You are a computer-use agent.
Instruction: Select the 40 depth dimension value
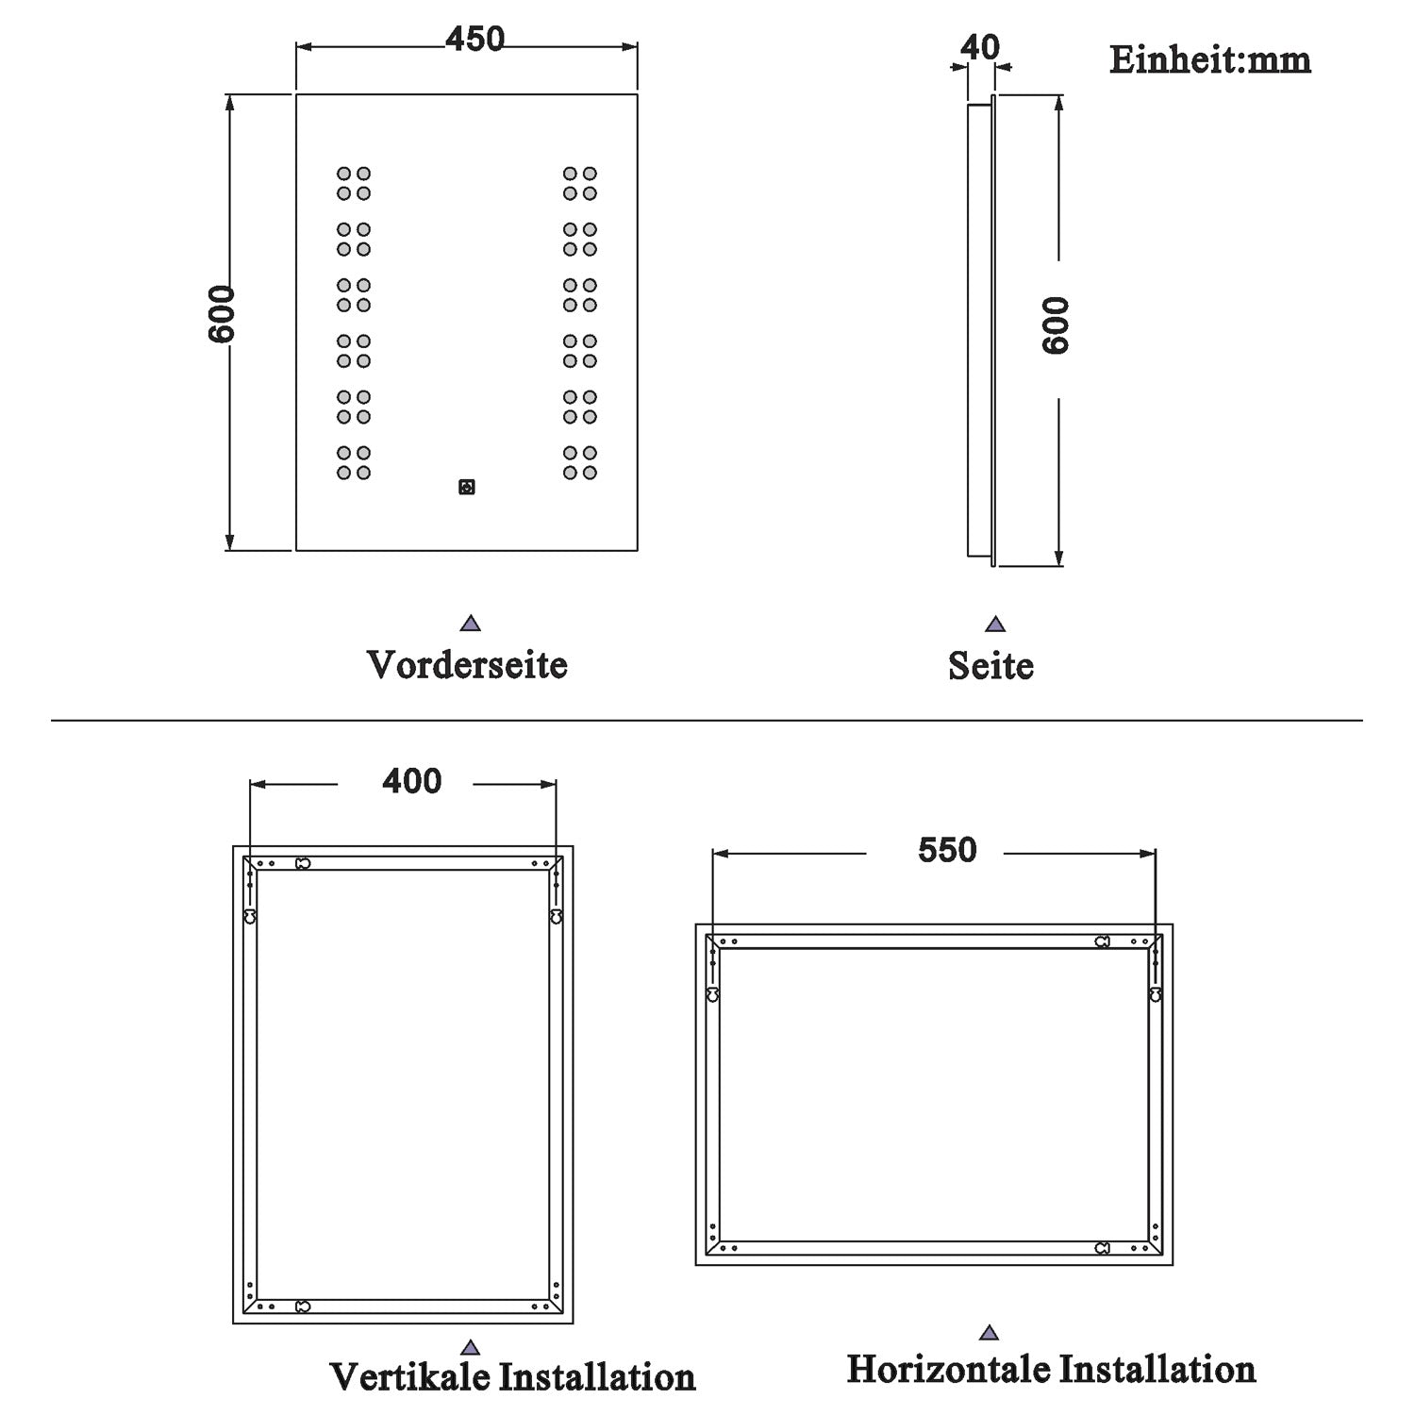[x=980, y=47]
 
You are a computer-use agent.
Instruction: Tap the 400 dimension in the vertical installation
[x=411, y=781]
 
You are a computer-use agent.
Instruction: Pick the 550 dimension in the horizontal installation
[x=947, y=850]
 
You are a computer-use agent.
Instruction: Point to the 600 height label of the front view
[x=222, y=314]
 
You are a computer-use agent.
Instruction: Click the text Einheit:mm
[x=1209, y=60]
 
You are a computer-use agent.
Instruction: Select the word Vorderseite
[x=467, y=665]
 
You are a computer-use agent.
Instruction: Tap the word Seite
[x=990, y=666]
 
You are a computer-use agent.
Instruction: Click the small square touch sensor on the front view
[x=466, y=488]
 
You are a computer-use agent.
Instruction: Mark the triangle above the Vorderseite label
[x=471, y=624]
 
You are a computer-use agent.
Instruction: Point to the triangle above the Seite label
[x=995, y=624]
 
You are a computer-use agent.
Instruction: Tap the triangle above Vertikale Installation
[x=471, y=1348]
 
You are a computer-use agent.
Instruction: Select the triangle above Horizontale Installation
[x=989, y=1333]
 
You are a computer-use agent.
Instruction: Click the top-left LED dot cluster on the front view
[x=354, y=184]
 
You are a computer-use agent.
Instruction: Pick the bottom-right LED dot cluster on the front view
[x=580, y=462]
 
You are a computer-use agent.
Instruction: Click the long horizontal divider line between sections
[x=707, y=721]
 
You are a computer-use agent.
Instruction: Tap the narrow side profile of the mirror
[x=980, y=330]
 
